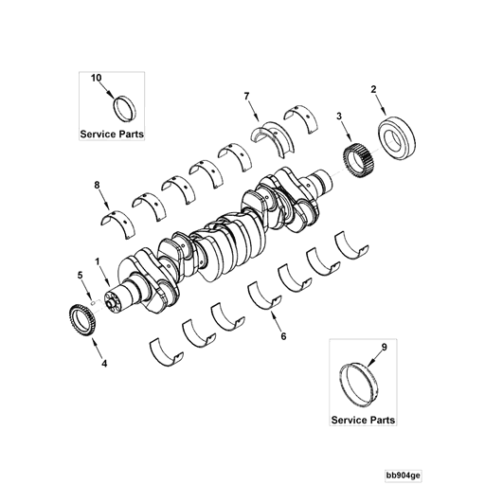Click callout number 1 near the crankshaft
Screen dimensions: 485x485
97,260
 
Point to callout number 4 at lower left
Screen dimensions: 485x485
104,362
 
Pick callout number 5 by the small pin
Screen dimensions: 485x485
81,276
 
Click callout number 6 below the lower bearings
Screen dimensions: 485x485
281,334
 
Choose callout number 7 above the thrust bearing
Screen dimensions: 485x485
245,97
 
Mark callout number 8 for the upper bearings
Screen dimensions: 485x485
97,187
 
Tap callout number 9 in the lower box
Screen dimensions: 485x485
384,349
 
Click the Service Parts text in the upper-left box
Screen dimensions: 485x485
112,135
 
